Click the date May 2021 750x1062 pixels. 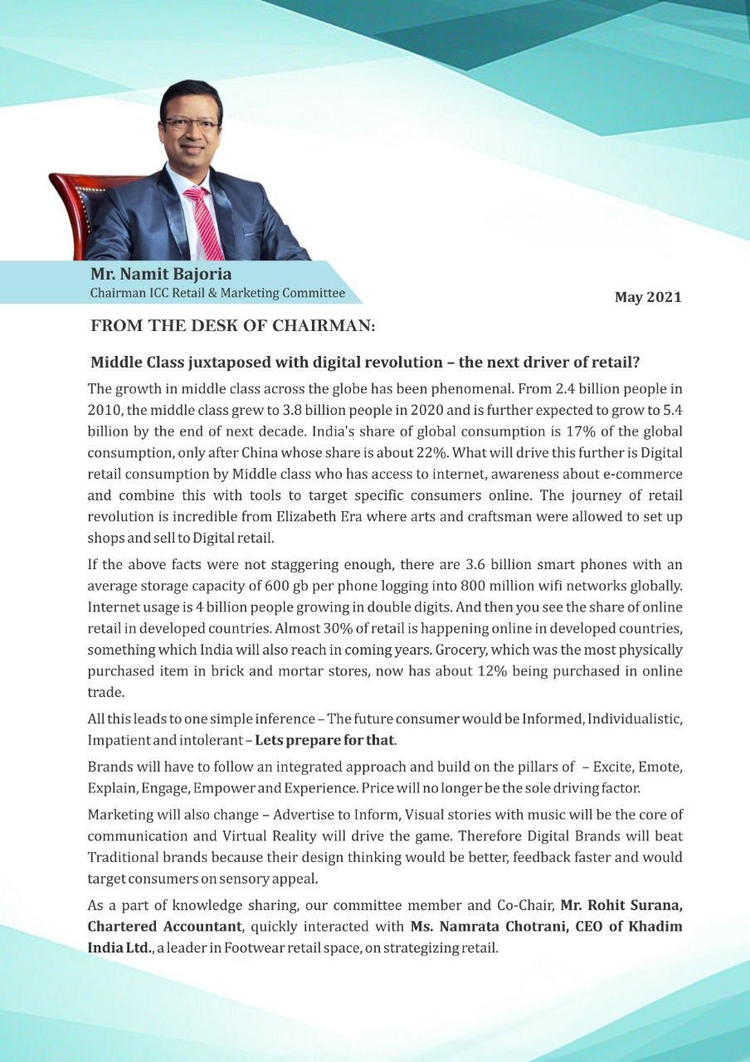click(647, 297)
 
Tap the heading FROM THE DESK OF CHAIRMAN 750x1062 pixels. click(233, 327)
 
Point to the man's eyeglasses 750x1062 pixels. click(191, 124)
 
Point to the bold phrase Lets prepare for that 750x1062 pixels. click(324, 739)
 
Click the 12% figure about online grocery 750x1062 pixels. click(470, 671)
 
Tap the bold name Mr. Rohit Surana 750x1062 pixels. click(621, 904)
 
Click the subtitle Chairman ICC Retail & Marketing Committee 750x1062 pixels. click(217, 293)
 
